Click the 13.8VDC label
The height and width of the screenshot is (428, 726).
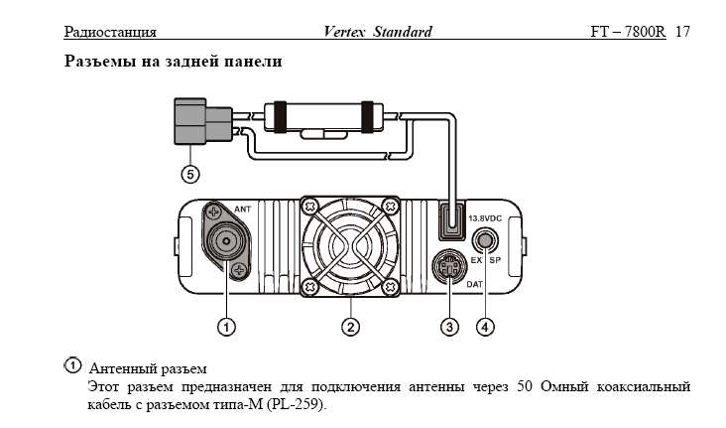click(x=485, y=217)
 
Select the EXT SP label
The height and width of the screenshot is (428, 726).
click(x=485, y=260)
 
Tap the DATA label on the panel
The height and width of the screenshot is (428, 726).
click(x=474, y=283)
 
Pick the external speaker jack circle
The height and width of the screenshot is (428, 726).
click(x=486, y=239)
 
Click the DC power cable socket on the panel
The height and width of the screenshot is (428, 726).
click(x=452, y=220)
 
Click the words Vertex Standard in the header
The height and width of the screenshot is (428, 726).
click(x=378, y=32)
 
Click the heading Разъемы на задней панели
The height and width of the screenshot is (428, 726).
click(x=174, y=63)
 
